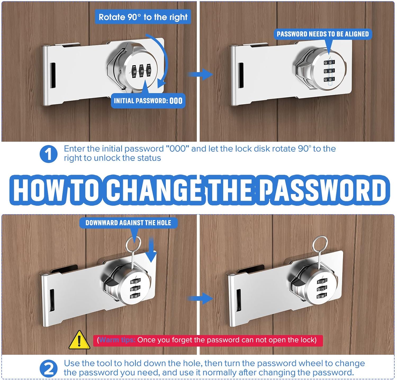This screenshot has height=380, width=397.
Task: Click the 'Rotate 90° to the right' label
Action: click(143, 17)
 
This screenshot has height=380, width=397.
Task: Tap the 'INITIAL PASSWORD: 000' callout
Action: click(148, 100)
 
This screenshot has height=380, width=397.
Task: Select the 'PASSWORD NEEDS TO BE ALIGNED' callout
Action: click(323, 34)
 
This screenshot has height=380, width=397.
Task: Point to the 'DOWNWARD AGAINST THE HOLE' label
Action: click(128, 223)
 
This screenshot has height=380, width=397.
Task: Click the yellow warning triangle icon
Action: click(79, 340)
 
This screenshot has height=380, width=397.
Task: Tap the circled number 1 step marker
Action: click(48, 154)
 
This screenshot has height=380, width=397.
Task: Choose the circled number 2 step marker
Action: click(48, 368)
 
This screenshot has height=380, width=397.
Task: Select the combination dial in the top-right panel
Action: click(329, 71)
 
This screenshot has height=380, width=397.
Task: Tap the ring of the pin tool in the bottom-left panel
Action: click(133, 244)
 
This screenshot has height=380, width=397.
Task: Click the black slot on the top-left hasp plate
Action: click(53, 75)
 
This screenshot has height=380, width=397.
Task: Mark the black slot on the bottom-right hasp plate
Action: click(239, 300)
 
